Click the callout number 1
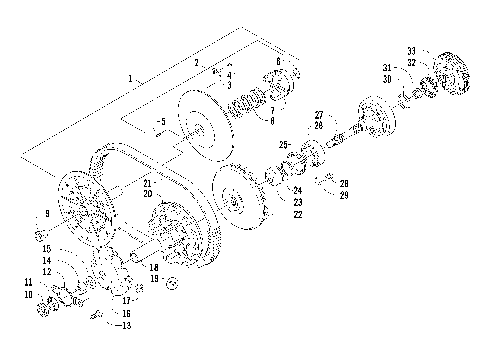(x=130, y=78)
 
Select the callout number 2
(x=197, y=63)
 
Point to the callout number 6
(x=278, y=62)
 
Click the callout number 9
(x=46, y=214)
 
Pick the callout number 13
(x=126, y=326)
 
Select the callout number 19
(x=153, y=278)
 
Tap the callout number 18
(x=153, y=268)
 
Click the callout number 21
(x=146, y=184)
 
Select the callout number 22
(x=297, y=215)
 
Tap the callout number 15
(x=46, y=247)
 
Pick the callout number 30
(x=386, y=78)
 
